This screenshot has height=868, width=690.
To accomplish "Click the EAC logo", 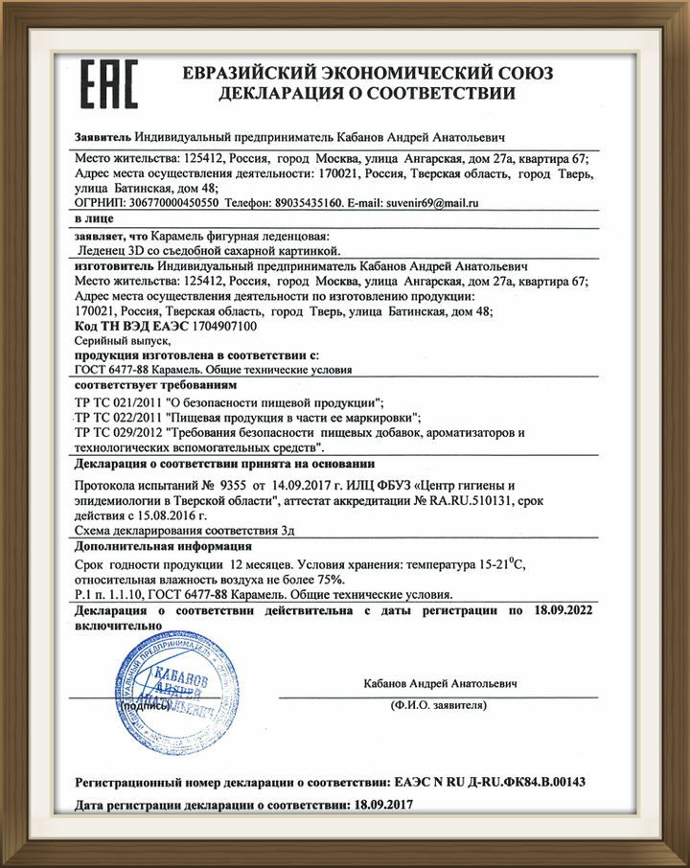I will [108, 84].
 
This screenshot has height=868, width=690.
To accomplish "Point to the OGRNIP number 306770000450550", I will [172, 204].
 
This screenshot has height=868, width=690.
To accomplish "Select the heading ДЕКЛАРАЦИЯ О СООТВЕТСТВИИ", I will [367, 94].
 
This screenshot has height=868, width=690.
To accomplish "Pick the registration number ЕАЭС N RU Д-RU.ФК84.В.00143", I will [490, 782].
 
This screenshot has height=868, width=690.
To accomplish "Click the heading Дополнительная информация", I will [142, 546].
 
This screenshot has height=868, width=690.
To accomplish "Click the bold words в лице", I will [95, 218].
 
